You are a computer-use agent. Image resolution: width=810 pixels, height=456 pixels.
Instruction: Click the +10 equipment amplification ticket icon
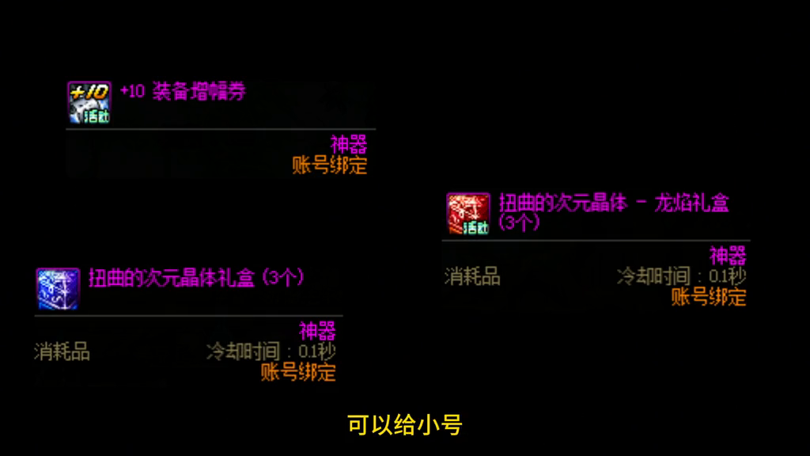pyautogui.click(x=89, y=101)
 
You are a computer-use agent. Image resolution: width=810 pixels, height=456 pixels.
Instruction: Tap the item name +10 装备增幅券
pyautogui.click(x=183, y=92)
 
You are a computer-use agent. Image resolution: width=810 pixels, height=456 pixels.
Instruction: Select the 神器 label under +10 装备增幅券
pyautogui.click(x=349, y=145)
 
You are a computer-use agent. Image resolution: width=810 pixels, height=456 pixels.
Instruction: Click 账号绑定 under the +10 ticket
pyautogui.click(x=330, y=165)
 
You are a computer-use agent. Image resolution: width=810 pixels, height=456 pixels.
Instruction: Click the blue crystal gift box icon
pyautogui.click(x=58, y=288)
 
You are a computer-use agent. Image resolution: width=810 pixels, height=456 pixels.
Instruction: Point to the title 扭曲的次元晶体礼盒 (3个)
pyautogui.click(x=196, y=279)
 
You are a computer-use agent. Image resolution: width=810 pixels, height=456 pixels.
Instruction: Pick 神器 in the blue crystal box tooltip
pyautogui.click(x=317, y=331)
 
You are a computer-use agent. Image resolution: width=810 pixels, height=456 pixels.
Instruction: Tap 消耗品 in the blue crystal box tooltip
pyautogui.click(x=62, y=351)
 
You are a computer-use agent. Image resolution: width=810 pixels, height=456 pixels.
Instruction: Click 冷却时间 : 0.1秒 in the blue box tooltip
pyautogui.click(x=271, y=351)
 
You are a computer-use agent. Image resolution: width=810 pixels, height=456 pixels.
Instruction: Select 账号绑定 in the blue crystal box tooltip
pyautogui.click(x=298, y=372)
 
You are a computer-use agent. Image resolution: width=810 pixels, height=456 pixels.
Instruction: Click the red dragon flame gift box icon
pyautogui.click(x=468, y=213)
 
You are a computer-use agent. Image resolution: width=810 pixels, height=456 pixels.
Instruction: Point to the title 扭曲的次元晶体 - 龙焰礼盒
pyautogui.click(x=613, y=203)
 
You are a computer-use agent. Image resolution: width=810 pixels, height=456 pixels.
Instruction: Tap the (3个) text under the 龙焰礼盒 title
pyautogui.click(x=520, y=223)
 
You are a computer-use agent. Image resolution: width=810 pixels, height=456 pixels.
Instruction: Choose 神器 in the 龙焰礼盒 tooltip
pyautogui.click(x=728, y=256)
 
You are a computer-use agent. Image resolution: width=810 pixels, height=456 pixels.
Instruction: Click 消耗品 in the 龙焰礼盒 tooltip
pyautogui.click(x=472, y=276)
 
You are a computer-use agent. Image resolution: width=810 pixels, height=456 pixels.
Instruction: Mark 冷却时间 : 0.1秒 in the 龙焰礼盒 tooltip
pyautogui.click(x=681, y=276)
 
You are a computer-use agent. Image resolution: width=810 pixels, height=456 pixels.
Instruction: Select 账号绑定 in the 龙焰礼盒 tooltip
pyautogui.click(x=709, y=297)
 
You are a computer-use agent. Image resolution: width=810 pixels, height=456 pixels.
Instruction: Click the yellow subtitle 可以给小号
pyautogui.click(x=404, y=425)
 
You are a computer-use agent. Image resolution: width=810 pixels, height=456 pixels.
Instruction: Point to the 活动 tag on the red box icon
pyautogui.click(x=476, y=229)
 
